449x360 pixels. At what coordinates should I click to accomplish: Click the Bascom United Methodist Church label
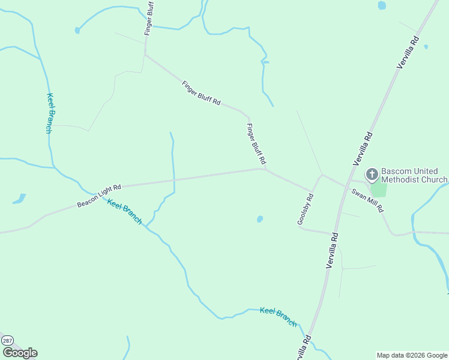415,175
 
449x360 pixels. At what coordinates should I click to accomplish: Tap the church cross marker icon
372,175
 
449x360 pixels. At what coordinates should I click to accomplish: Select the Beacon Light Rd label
99,196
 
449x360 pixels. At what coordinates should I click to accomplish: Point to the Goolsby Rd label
306,209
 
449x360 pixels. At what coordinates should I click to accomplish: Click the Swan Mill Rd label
367,201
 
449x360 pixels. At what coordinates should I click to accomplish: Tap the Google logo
20,353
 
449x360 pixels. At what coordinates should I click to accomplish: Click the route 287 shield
7,340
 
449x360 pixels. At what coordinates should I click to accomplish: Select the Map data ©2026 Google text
412,355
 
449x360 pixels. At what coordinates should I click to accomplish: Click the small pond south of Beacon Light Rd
260,219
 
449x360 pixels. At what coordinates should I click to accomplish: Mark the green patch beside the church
378,189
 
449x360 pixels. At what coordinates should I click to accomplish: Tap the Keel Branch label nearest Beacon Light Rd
125,211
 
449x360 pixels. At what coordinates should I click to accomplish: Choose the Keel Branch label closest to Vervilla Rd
279,317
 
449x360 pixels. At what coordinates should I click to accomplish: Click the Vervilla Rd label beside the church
364,148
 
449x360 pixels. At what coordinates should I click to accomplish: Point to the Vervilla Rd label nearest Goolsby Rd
333,250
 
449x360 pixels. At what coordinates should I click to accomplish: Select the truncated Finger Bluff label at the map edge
149,18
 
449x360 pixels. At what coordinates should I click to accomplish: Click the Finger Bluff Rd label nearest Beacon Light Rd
256,144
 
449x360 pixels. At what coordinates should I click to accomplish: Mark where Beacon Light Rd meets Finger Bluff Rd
264,169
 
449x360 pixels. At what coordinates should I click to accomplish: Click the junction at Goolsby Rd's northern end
322,175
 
